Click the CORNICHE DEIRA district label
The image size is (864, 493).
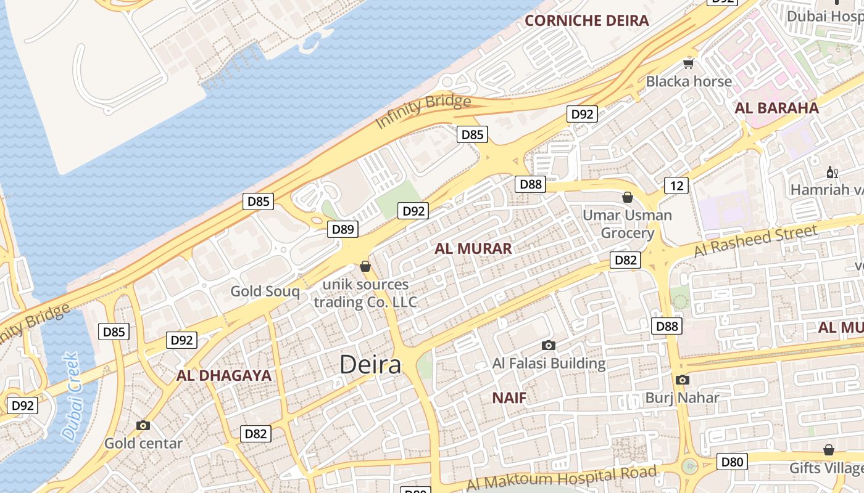click(x=586, y=20)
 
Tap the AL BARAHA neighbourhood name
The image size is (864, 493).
click(x=776, y=108)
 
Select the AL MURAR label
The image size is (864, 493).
click(x=473, y=248)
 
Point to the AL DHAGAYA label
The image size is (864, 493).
click(x=224, y=375)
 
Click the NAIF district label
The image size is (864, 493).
click(x=509, y=397)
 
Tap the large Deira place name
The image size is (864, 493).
click(x=370, y=364)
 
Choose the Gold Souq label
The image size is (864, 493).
click(x=265, y=291)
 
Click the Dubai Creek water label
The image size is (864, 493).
click(x=72, y=396)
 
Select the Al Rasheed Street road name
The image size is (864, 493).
click(x=755, y=242)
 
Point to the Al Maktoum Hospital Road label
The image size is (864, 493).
click(x=561, y=478)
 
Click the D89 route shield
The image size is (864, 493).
click(x=343, y=230)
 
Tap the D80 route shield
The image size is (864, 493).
click(x=732, y=461)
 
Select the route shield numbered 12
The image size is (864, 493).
click(x=676, y=185)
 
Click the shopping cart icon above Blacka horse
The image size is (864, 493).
click(x=689, y=63)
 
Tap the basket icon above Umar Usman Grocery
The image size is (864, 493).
click(x=628, y=197)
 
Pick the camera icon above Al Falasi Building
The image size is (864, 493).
click(x=548, y=345)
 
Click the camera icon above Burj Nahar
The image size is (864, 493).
click(x=682, y=380)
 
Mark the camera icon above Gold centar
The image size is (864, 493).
click(x=143, y=425)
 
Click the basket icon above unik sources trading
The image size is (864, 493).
click(x=365, y=266)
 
